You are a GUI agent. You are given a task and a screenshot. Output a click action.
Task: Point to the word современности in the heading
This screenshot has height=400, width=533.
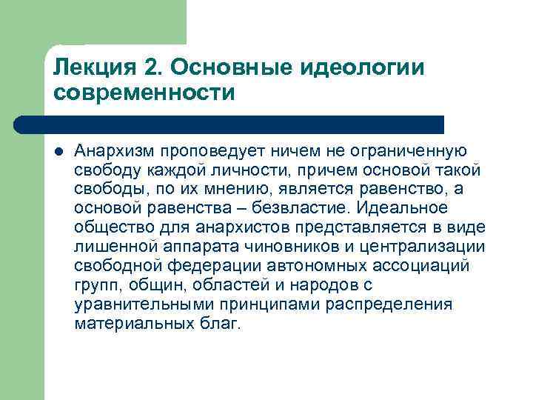pyautogui.click(x=144, y=94)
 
